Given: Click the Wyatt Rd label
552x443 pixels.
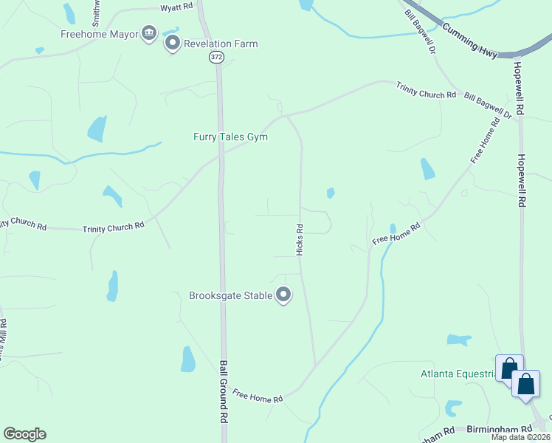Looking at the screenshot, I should pyautogui.click(x=177, y=7).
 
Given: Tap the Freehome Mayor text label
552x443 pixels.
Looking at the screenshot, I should pyautogui.click(x=100, y=33).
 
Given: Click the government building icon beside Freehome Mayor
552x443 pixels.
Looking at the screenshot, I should pyautogui.click(x=150, y=33).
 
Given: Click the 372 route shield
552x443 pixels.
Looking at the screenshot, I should pyautogui.click(x=215, y=57).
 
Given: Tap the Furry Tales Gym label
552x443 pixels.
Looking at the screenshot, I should pyautogui.click(x=230, y=137).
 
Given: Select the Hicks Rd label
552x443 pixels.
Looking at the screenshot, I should pyautogui.click(x=300, y=240).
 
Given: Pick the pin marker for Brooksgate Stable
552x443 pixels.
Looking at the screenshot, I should pyautogui.click(x=283, y=295).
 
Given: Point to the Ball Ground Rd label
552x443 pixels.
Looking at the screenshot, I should pyautogui.click(x=223, y=391).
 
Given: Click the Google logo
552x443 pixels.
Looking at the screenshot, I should pyautogui.click(x=24, y=434).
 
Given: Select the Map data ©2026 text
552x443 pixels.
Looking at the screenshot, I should pyautogui.click(x=520, y=437).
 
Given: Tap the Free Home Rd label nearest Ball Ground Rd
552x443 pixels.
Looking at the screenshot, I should pyautogui.click(x=258, y=396).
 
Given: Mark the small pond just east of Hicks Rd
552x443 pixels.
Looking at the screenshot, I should pyautogui.click(x=331, y=193).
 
